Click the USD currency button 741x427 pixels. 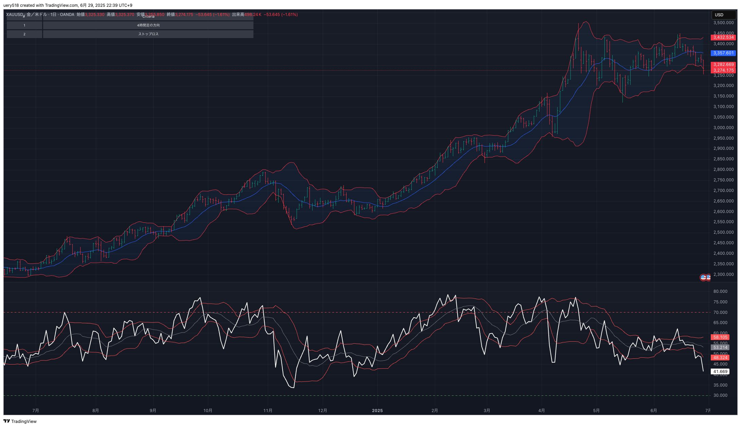pyautogui.click(x=723, y=15)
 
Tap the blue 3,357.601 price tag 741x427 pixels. pyautogui.click(x=723, y=53)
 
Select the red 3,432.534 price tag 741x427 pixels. pyautogui.click(x=723, y=37)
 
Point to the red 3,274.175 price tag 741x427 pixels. pyautogui.click(x=723, y=70)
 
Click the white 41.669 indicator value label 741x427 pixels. pyautogui.click(x=720, y=372)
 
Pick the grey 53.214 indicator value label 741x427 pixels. pyautogui.click(x=720, y=348)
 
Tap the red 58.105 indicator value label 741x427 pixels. pyautogui.click(x=720, y=337)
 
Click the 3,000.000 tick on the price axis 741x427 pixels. pyautogui.click(x=723, y=128)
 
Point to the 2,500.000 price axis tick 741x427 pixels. pyautogui.click(x=723, y=232)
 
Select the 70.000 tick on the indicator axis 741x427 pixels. pyautogui.click(x=720, y=313)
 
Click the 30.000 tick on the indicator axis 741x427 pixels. pyautogui.click(x=720, y=395)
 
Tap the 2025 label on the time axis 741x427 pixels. pyautogui.click(x=377, y=411)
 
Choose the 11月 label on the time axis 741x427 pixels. pyautogui.click(x=268, y=411)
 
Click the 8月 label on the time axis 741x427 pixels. pyautogui.click(x=95, y=411)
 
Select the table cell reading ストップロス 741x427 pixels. pyautogui.click(x=148, y=34)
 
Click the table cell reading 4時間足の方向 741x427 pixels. pyautogui.click(x=148, y=25)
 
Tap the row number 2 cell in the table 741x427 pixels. pyautogui.click(x=24, y=34)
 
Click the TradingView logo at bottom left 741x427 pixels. pyautogui.click(x=20, y=421)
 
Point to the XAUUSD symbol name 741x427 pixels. pyautogui.click(x=15, y=15)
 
